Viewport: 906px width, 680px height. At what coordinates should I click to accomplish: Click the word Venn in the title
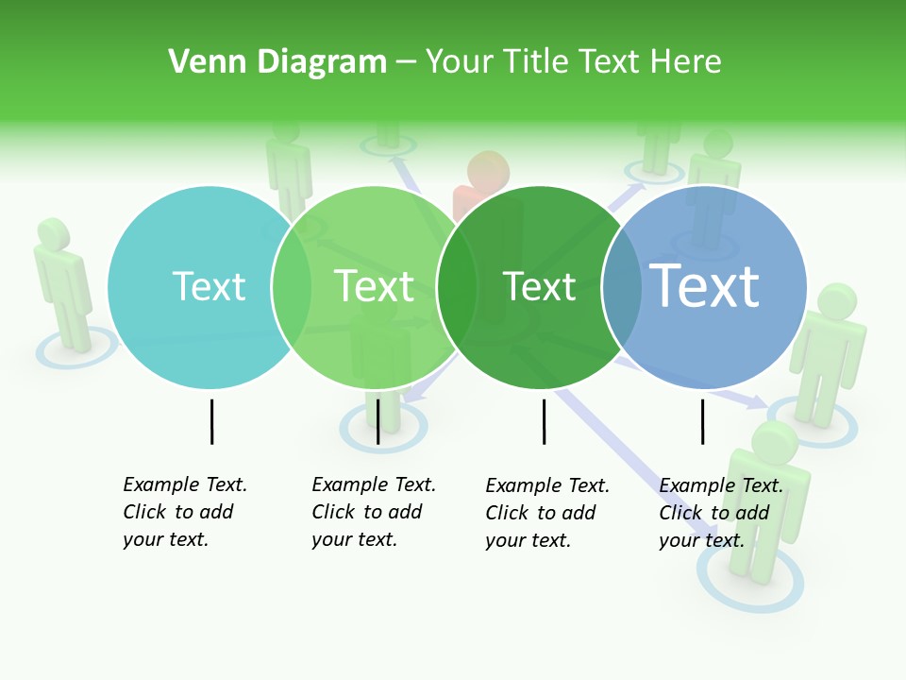(x=202, y=62)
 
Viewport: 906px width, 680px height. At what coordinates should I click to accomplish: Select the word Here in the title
(x=686, y=62)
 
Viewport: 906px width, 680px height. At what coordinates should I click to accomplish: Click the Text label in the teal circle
(x=209, y=286)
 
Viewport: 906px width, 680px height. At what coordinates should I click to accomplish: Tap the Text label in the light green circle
(x=374, y=286)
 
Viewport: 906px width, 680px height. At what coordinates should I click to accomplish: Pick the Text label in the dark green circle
(x=539, y=286)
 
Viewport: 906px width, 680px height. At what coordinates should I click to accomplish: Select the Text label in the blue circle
(x=704, y=285)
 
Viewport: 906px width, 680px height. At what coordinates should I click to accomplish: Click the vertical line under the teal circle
(x=211, y=421)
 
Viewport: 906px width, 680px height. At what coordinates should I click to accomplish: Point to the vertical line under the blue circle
(x=702, y=421)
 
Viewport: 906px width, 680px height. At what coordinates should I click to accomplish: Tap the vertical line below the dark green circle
(x=544, y=421)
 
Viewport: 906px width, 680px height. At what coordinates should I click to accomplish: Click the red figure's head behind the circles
(x=488, y=172)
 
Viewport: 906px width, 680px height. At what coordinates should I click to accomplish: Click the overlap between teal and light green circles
(x=292, y=287)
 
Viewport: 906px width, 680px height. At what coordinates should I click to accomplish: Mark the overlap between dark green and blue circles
(x=622, y=287)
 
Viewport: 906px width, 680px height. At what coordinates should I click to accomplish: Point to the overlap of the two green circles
(x=457, y=287)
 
